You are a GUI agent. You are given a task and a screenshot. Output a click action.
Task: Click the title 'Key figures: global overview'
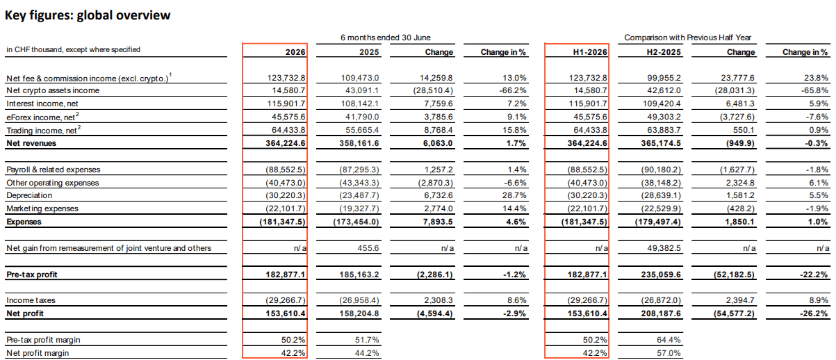click(88, 15)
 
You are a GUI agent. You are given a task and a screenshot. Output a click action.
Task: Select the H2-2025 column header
click(664, 52)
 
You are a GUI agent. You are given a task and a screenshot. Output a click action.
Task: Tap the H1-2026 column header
click(590, 52)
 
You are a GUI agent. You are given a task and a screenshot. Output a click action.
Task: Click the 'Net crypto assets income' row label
click(53, 90)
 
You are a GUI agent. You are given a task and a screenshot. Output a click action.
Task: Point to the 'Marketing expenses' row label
click(42, 208)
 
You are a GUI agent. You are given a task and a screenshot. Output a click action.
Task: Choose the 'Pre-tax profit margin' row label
click(43, 340)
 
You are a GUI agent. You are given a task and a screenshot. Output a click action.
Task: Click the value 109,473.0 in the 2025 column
click(360, 78)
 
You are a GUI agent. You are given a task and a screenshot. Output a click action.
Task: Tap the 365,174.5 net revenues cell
click(661, 143)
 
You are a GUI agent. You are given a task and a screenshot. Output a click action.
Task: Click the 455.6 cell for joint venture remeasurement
click(368, 248)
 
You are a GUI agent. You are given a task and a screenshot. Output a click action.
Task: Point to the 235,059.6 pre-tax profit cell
click(661, 275)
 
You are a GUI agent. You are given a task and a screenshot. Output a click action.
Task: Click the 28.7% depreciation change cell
click(514, 195)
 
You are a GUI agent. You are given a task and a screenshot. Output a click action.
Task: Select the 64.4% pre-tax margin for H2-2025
click(669, 340)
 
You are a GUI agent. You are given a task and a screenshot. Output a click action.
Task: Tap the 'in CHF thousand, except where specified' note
click(73, 49)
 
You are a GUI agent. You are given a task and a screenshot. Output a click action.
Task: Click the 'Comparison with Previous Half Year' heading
click(687, 38)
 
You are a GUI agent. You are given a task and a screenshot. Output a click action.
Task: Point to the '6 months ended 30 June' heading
click(385, 38)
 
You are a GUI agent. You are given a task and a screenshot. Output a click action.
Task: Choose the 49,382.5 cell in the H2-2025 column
click(664, 248)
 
